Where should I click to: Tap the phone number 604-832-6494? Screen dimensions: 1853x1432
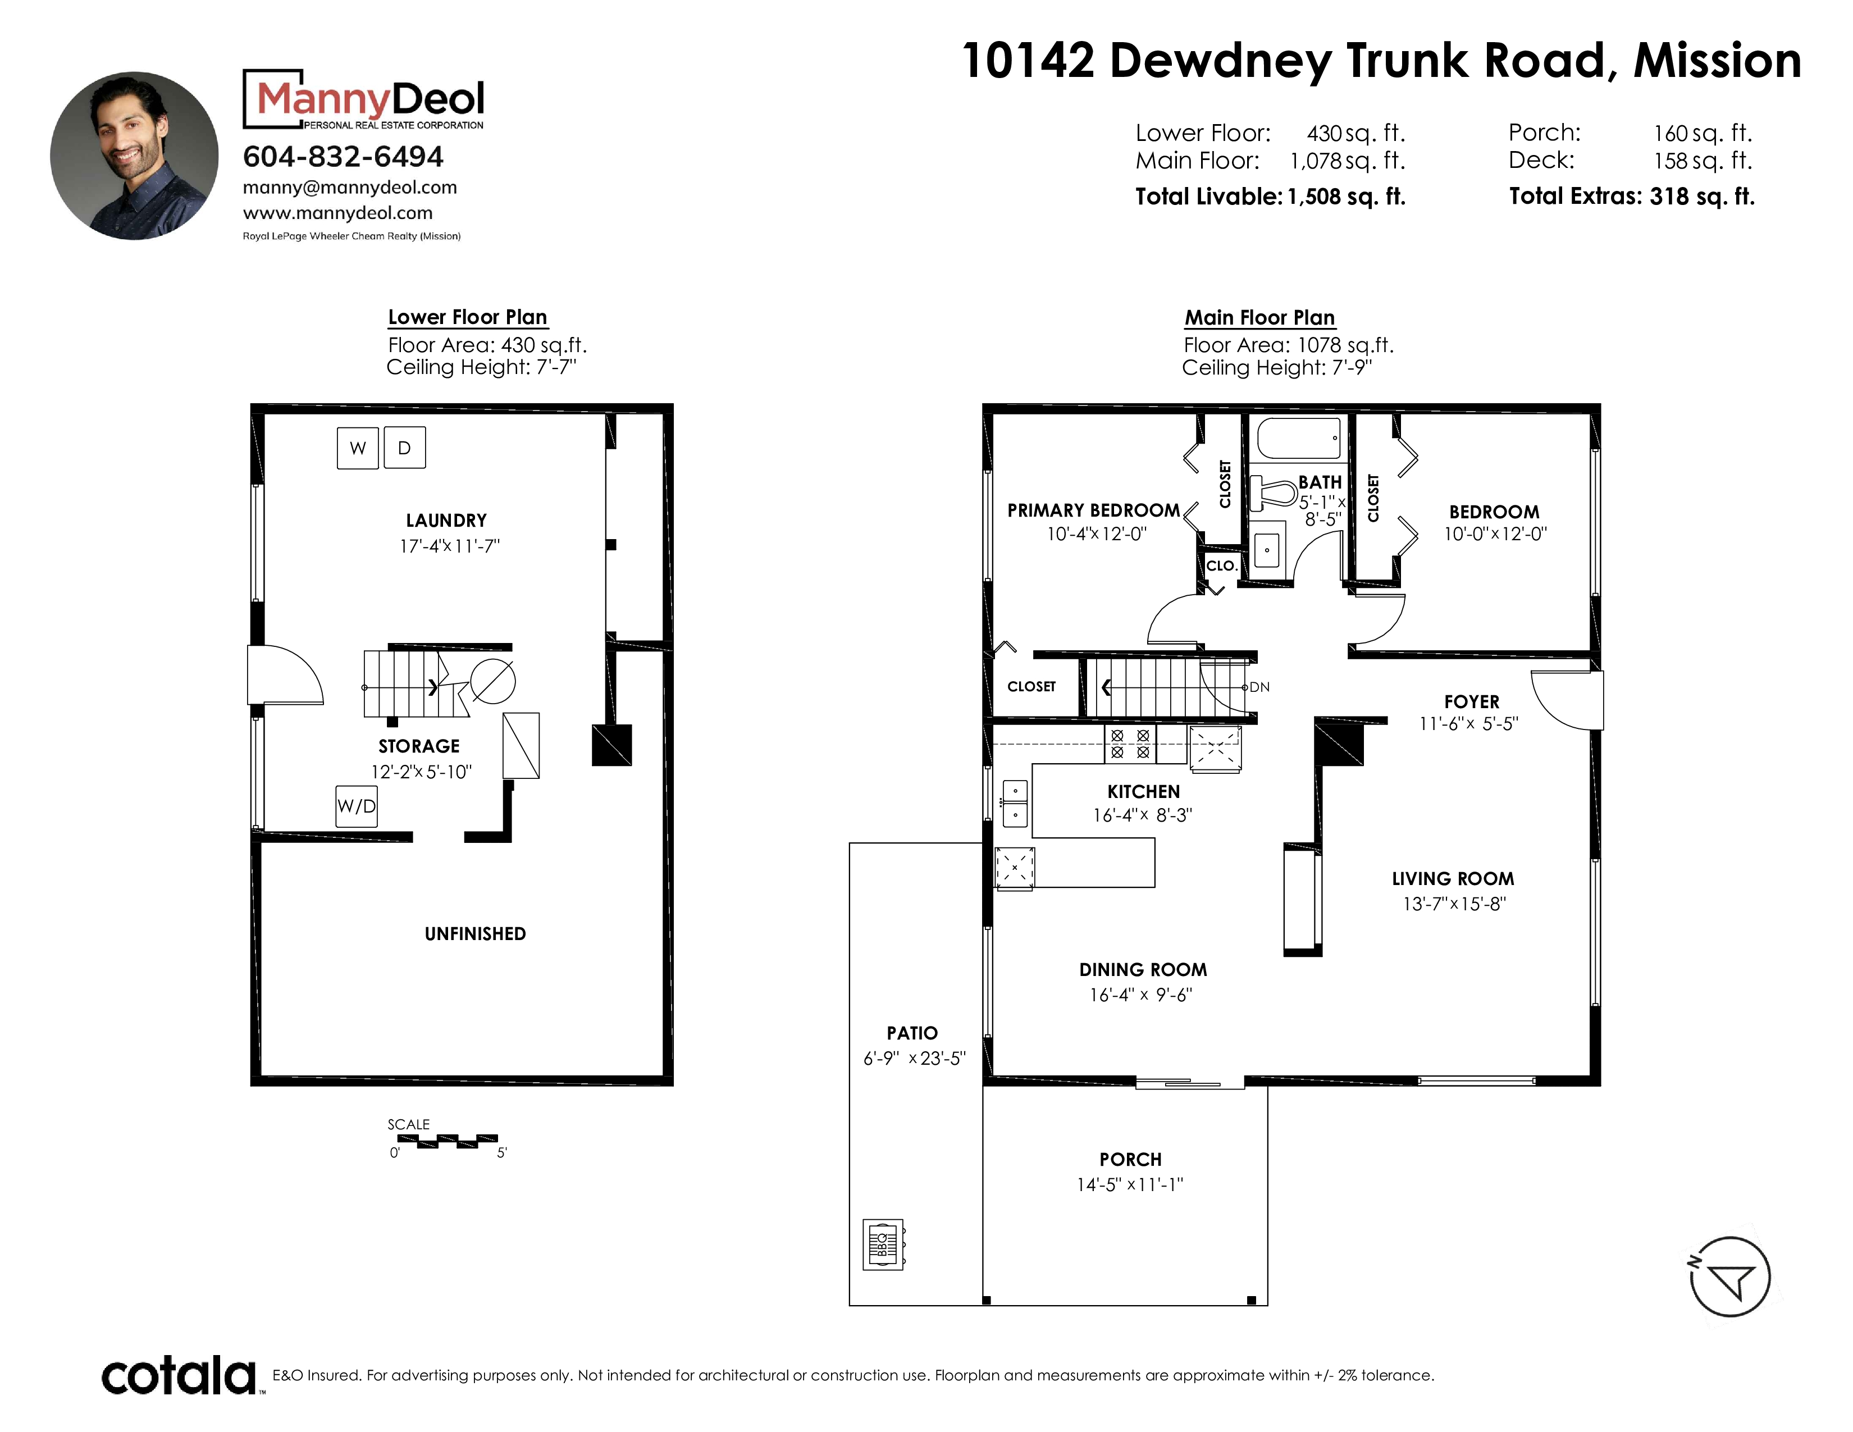[343, 157]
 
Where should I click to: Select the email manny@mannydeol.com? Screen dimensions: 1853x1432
[350, 188]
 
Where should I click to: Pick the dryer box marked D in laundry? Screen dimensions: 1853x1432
[405, 448]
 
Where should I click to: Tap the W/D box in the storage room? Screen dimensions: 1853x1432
[357, 806]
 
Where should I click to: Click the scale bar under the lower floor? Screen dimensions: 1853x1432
[447, 1141]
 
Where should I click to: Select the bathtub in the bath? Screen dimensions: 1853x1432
[1298, 439]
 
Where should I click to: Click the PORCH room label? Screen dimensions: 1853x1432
[1130, 1160]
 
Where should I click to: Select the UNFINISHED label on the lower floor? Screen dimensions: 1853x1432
[475, 934]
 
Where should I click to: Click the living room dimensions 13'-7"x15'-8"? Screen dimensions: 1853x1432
[1454, 904]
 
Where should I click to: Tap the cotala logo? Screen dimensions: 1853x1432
[179, 1375]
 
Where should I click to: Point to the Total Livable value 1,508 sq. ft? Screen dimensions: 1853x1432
[1347, 197]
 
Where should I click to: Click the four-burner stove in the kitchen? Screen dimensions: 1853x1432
[1130, 744]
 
